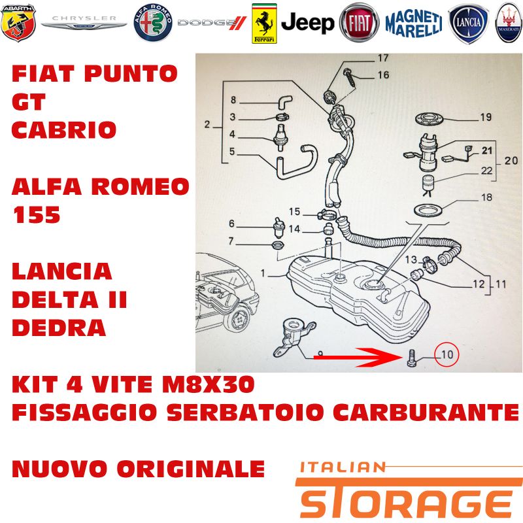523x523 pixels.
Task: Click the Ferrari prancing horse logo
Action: [264, 24]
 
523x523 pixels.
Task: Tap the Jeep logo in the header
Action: [307, 23]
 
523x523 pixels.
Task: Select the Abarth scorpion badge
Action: [18, 23]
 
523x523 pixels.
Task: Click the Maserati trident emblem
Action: [509, 23]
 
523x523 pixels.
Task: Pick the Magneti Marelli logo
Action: [414, 24]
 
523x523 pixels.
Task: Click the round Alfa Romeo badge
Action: [153, 23]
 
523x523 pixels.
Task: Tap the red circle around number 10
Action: [447, 354]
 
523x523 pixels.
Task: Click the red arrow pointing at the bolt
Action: [358, 357]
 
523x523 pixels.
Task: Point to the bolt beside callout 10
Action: [411, 358]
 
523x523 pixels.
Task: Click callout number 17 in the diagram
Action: [383, 58]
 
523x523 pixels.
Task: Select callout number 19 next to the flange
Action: [486, 117]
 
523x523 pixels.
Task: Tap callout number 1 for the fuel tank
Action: [263, 273]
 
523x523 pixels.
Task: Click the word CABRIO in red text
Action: [64, 129]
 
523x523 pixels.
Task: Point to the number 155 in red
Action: [37, 214]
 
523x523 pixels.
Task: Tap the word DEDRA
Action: [59, 328]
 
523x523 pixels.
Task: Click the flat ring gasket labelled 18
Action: [430, 210]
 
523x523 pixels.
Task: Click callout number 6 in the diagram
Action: [232, 224]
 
